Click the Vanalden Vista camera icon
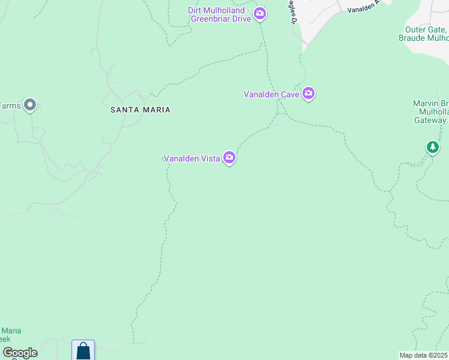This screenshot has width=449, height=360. pyautogui.click(x=229, y=158)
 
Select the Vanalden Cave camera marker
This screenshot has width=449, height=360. pyautogui.click(x=309, y=94)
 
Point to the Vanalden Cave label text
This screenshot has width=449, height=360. pyautogui.click(x=271, y=94)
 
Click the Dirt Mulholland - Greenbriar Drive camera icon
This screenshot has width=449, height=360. pyautogui.click(x=259, y=13)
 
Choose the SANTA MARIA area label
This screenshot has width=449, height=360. pyautogui.click(x=140, y=110)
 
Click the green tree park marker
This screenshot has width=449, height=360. pyautogui.click(x=432, y=147)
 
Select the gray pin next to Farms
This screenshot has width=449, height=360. pyautogui.click(x=30, y=106)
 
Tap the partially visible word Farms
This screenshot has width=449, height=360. pyautogui.click(x=10, y=106)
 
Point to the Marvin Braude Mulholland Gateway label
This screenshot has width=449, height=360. pyautogui.click(x=430, y=111)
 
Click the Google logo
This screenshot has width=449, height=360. pyautogui.click(x=20, y=353)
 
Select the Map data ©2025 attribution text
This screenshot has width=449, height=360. pyautogui.click(x=424, y=355)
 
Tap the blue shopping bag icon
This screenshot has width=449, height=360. pyautogui.click(x=83, y=350)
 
